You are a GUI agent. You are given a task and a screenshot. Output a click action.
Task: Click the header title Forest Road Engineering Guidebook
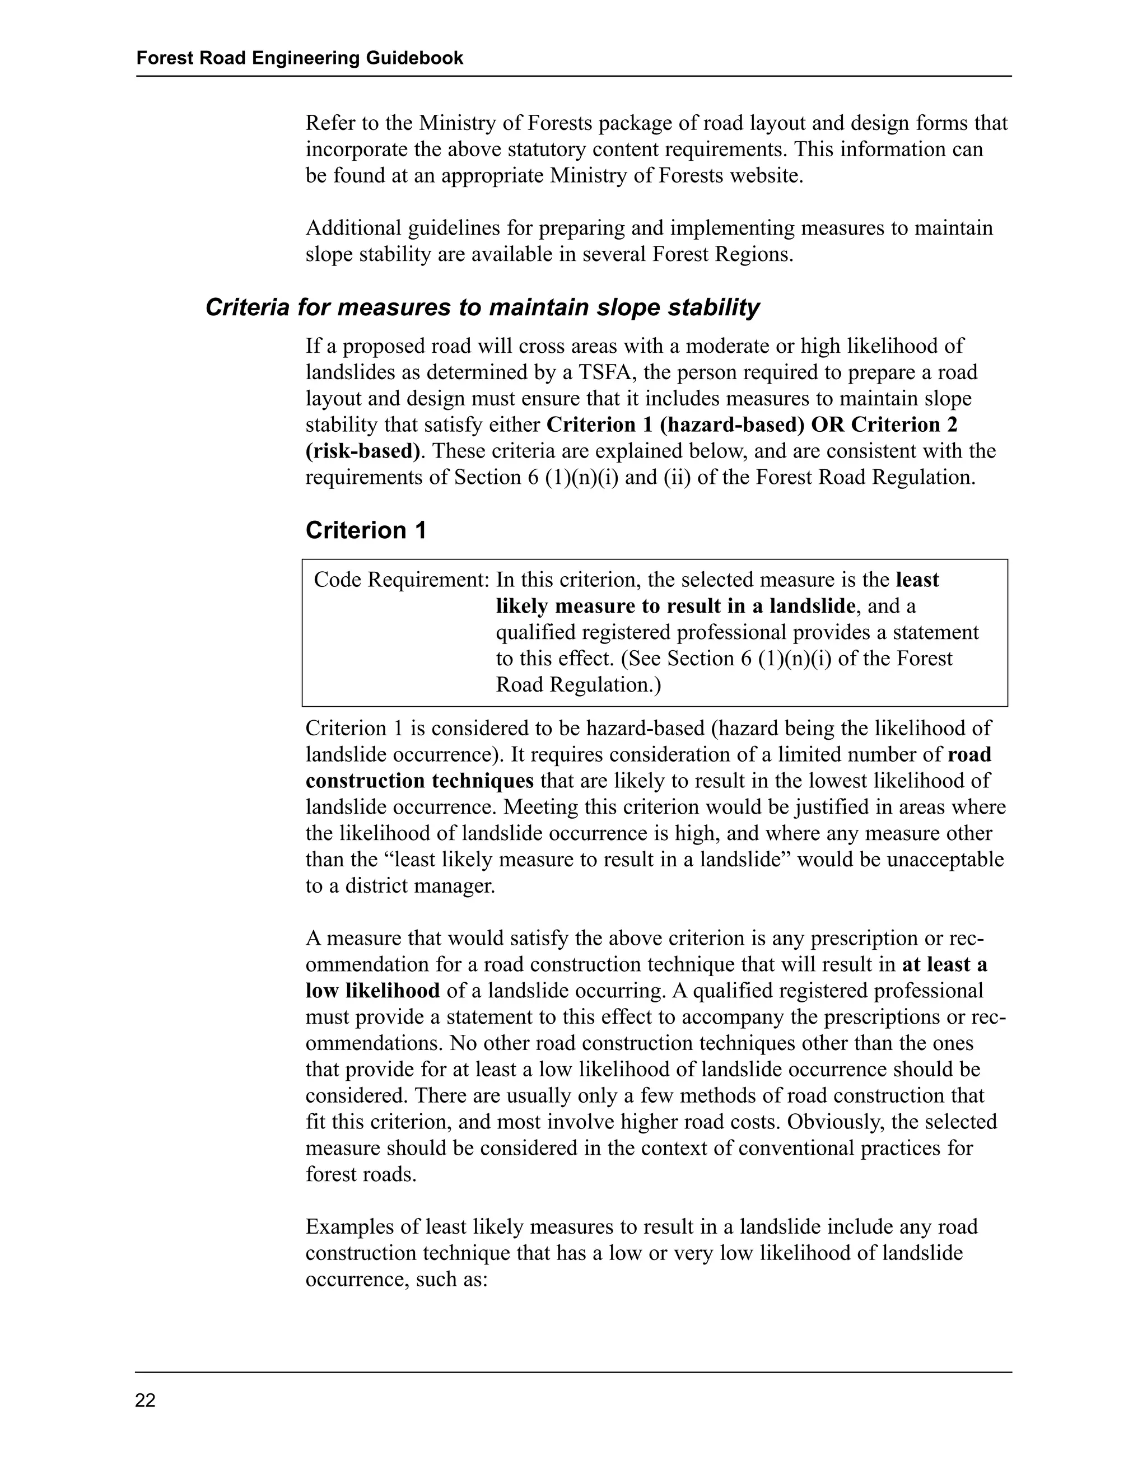pyautogui.click(x=300, y=58)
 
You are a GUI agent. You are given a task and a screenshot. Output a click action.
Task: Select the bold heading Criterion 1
pyautogui.click(x=366, y=531)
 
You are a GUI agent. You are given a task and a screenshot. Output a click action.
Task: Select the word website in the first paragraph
pyautogui.click(x=764, y=176)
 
